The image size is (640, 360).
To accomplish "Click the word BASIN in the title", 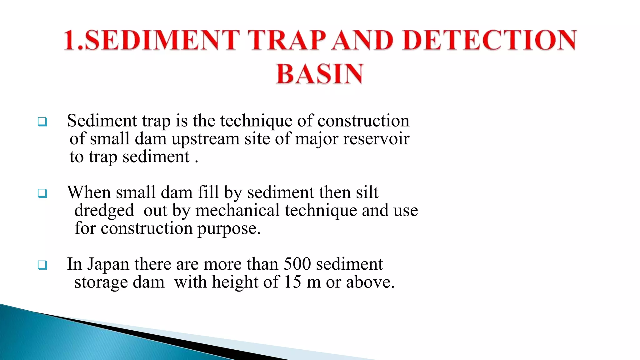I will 319,74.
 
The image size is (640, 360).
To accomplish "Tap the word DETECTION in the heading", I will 489,40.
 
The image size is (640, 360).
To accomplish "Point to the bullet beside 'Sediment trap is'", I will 42,121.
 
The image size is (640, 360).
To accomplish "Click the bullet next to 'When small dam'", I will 42,193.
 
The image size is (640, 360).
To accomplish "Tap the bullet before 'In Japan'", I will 42,265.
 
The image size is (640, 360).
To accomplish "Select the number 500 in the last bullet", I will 297,264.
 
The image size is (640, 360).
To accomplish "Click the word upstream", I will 205,139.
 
